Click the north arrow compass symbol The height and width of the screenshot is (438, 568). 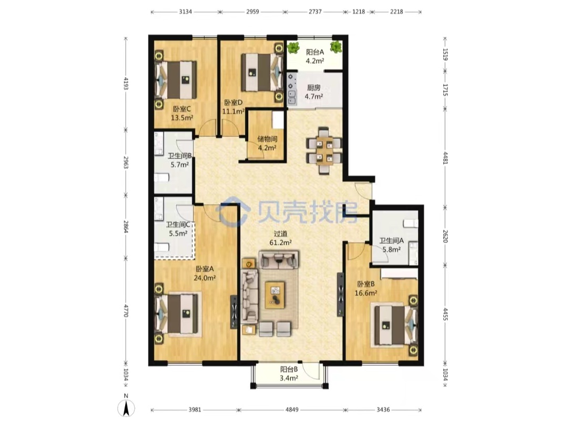pyautogui.click(x=126, y=409)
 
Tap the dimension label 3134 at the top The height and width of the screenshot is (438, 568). pyautogui.click(x=185, y=12)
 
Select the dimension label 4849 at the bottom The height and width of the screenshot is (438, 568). pyautogui.click(x=292, y=410)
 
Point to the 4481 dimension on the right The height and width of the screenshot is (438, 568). pyautogui.click(x=445, y=158)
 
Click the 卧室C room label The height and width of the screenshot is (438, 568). pyautogui.click(x=181, y=108)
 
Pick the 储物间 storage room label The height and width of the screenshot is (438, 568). pyautogui.click(x=267, y=139)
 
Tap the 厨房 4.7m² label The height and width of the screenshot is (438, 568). pyautogui.click(x=313, y=92)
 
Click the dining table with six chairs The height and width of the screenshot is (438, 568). pyautogui.click(x=324, y=151)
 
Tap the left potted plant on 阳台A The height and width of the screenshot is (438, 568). pyautogui.click(x=293, y=47)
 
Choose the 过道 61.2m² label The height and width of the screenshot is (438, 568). pyautogui.click(x=280, y=238)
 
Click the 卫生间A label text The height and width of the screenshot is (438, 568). pyautogui.click(x=392, y=241)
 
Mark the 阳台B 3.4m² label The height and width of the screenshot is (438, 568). pyautogui.click(x=289, y=374)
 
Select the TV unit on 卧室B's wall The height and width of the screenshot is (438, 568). pyautogui.click(x=340, y=294)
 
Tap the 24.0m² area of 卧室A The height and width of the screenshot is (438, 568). pyautogui.click(x=205, y=278)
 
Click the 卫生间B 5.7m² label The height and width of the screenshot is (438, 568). pyautogui.click(x=180, y=160)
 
